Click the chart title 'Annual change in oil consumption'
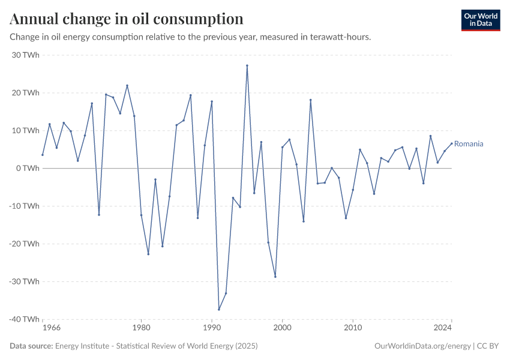coord(127,19)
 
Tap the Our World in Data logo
coord(480,20)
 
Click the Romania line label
coord(469,144)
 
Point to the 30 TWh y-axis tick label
coord(26,55)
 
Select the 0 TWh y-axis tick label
coord(29,169)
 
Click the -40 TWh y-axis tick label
coord(25,319)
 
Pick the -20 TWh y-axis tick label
coord(25,244)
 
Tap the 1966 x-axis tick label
coord(52,328)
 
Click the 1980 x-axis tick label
coord(141,328)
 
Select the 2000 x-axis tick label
coord(283,328)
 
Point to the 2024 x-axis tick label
coord(443,328)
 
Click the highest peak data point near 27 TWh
coord(247,65)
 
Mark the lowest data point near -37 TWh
coord(219,310)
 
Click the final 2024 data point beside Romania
coord(452,143)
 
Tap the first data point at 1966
coord(43,155)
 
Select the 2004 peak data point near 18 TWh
coord(311,100)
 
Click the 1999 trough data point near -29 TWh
coord(275,277)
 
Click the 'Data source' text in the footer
coord(31,346)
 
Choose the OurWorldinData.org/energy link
coord(421,346)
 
